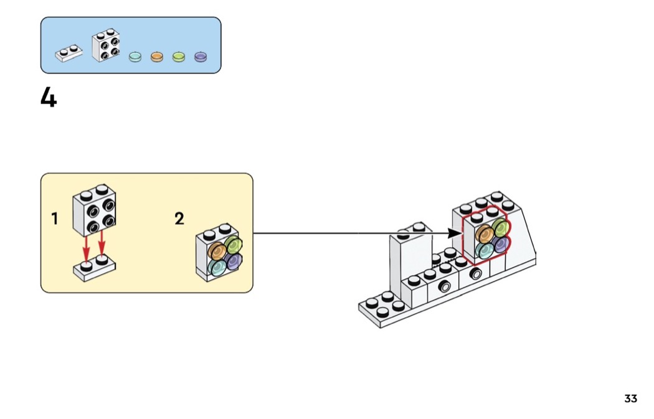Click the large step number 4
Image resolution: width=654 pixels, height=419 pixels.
(x=49, y=97)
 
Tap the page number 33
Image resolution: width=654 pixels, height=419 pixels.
(x=630, y=398)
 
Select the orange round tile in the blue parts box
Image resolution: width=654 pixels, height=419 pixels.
(x=156, y=57)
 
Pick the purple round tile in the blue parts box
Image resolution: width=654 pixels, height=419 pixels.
(x=201, y=57)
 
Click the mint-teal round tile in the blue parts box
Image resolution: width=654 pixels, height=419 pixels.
(x=135, y=57)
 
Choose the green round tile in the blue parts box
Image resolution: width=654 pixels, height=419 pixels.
(x=179, y=57)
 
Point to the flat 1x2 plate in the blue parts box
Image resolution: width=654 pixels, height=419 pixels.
(x=69, y=54)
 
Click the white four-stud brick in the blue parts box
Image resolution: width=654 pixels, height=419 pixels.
(x=105, y=46)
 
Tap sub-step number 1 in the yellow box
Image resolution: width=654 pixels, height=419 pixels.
(x=55, y=219)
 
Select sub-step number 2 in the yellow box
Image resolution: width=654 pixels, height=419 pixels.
(x=179, y=219)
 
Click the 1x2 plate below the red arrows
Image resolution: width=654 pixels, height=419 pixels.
(x=95, y=269)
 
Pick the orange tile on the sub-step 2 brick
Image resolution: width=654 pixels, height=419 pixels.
(x=217, y=251)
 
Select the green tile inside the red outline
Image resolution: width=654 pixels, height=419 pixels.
(x=500, y=227)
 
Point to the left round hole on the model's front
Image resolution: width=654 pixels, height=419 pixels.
(x=443, y=286)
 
